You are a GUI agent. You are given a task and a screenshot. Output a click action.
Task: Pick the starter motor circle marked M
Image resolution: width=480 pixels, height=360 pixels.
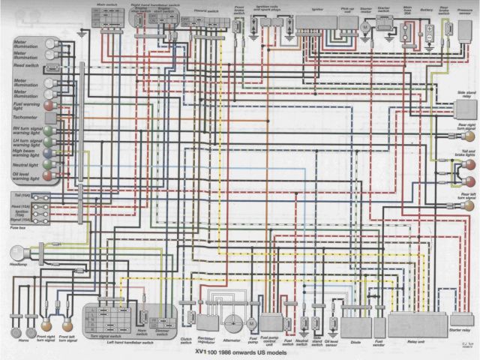pyautogui.click(x=365, y=26)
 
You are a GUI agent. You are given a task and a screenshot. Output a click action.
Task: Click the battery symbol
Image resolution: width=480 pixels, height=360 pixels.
pyautogui.click(x=430, y=30)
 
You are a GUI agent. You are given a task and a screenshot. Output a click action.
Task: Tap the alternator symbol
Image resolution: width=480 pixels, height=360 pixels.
pyautogui.click(x=232, y=322)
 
